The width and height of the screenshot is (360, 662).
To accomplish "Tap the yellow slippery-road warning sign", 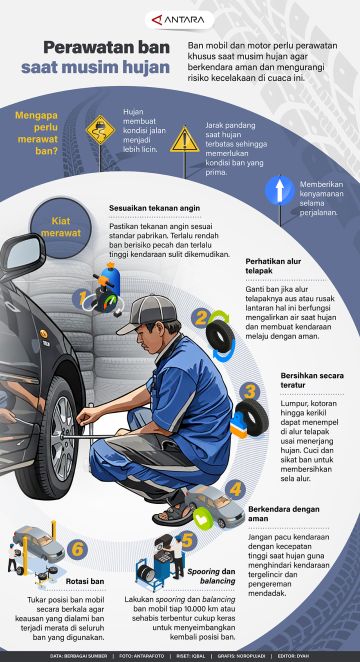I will point(98,128).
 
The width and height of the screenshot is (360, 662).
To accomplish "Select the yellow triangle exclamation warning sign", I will point(185,139).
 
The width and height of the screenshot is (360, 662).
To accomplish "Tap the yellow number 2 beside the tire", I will point(200,318).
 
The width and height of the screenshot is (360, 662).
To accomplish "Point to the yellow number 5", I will point(187,540).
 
